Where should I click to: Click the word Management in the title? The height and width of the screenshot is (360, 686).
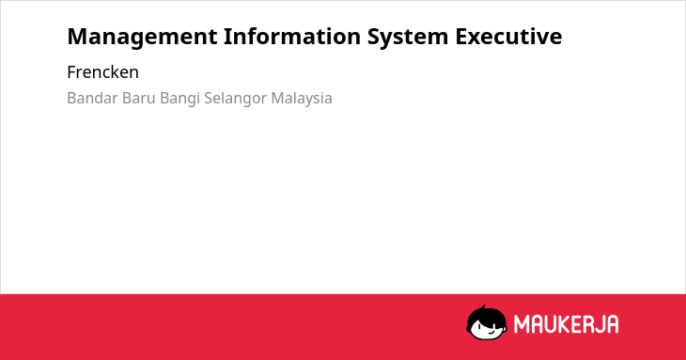click(x=142, y=38)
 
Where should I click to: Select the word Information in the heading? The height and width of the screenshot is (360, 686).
click(x=292, y=36)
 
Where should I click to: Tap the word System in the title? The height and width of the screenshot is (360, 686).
click(x=408, y=38)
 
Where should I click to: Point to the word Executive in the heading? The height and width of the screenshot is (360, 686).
click(x=508, y=36)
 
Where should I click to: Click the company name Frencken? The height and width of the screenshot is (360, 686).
click(x=102, y=72)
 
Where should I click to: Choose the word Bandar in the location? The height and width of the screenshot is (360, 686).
click(x=92, y=98)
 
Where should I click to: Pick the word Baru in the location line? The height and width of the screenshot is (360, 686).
click(x=139, y=98)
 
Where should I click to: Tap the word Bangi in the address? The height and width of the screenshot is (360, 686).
click(x=179, y=99)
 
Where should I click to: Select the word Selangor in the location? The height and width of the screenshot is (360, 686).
click(x=235, y=99)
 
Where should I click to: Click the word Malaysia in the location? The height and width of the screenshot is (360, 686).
click(x=302, y=99)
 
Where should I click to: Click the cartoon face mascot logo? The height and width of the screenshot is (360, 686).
click(x=487, y=322)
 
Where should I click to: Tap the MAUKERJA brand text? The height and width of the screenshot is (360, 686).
click(x=566, y=324)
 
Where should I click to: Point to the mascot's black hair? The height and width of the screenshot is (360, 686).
click(x=486, y=314)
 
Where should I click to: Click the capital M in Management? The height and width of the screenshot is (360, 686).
click(x=77, y=37)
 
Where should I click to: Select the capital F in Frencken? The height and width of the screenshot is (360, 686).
click(x=71, y=72)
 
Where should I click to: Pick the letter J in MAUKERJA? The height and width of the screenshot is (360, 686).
click(x=598, y=324)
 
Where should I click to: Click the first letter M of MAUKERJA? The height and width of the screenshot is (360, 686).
click(x=521, y=324)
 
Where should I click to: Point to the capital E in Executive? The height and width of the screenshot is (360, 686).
click(x=461, y=37)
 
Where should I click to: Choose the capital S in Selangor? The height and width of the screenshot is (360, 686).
click(x=209, y=98)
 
